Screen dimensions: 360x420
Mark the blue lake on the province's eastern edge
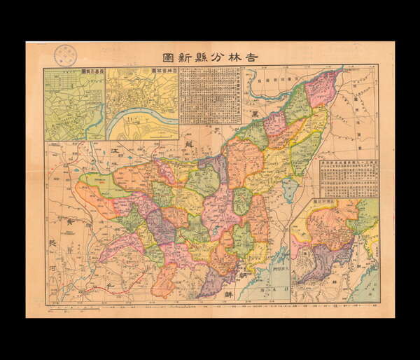pyautogui.click(x=290, y=190)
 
